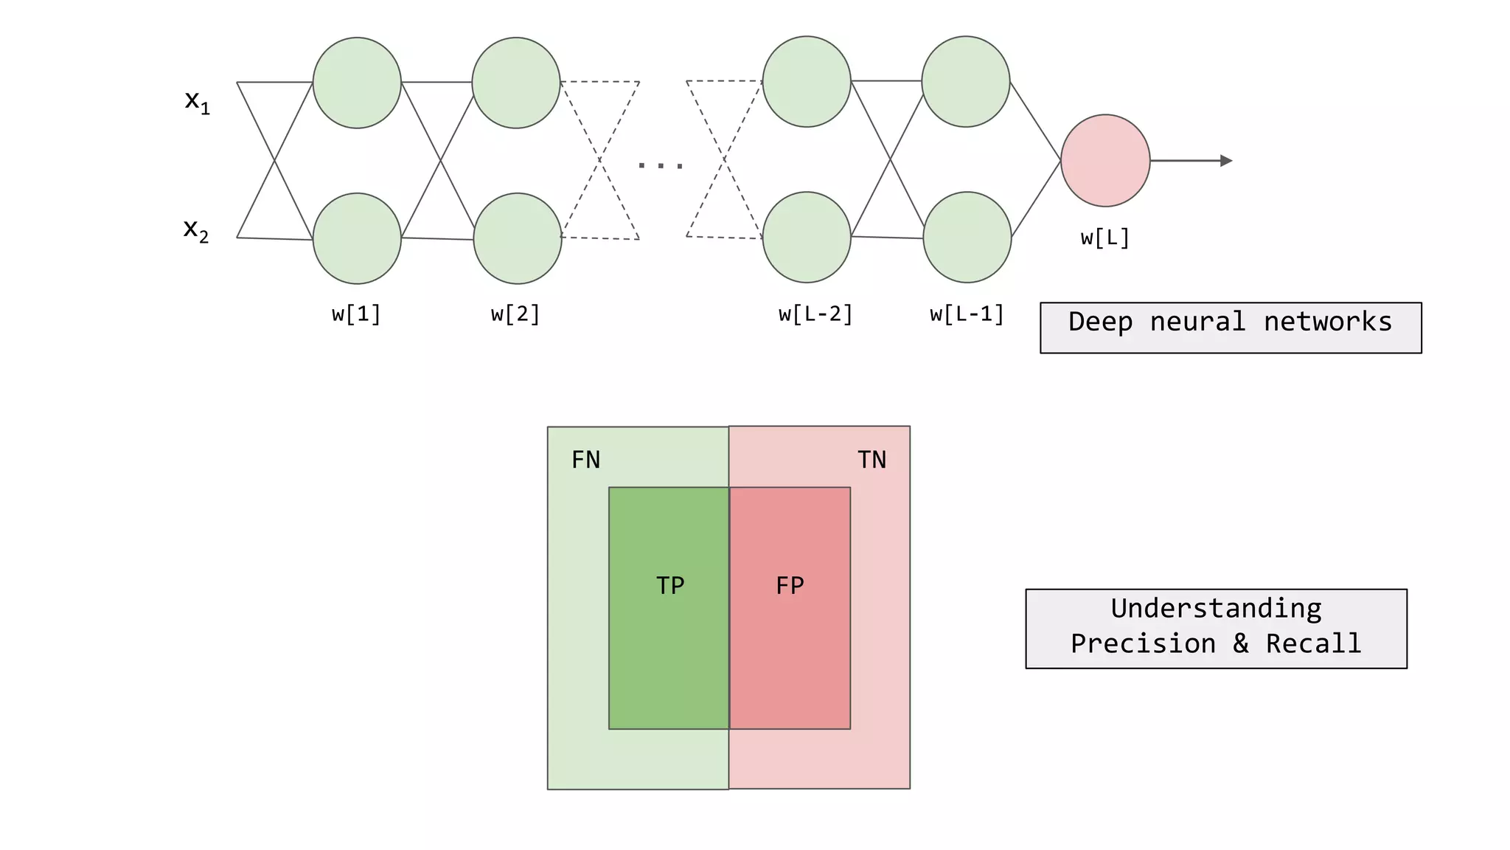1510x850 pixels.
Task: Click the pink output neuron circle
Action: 1104,160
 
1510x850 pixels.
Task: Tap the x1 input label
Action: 197,102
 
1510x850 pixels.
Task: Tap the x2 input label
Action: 196,230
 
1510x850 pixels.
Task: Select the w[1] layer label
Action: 356,314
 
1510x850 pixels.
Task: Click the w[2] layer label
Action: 515,314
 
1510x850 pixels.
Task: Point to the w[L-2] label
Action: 815,314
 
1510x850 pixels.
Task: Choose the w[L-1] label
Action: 967,314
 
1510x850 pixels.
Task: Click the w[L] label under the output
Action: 1104,238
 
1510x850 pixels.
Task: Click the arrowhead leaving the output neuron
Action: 1226,161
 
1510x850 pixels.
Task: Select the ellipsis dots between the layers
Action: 661,165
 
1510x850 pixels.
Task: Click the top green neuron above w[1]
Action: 357,83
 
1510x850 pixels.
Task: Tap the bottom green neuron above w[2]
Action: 517,238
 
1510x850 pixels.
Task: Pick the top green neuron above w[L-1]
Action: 965,81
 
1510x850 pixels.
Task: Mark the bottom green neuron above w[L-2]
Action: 807,237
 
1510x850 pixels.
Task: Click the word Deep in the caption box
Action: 1100,322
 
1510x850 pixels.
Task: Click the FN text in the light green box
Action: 586,460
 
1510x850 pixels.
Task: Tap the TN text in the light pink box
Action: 871,460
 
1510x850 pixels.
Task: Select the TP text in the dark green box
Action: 670,585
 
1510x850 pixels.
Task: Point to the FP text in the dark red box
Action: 790,585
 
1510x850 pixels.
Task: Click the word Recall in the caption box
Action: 1313,643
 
